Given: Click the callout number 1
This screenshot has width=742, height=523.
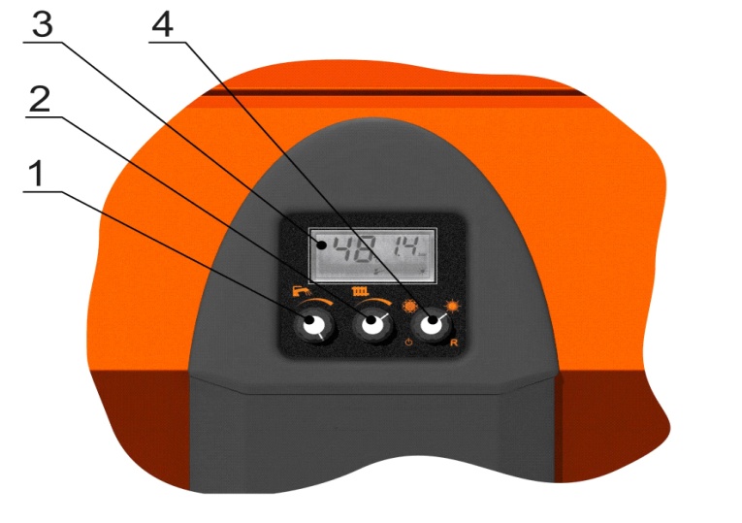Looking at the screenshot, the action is (37, 174).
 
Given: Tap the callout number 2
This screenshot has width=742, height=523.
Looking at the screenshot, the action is (40, 99).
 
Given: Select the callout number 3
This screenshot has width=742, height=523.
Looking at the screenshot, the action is (42, 24).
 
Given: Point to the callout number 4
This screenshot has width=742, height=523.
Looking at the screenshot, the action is (162, 24).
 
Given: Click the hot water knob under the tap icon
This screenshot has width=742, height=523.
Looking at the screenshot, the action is (313, 325).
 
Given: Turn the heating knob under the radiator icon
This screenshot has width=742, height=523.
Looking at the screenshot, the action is (373, 324).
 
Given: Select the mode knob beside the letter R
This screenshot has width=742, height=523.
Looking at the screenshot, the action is (432, 323).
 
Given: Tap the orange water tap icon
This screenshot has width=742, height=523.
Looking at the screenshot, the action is (302, 291).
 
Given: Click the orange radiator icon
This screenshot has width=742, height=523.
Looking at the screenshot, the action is (360, 290).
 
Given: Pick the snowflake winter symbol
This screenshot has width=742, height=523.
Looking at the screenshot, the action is (410, 307).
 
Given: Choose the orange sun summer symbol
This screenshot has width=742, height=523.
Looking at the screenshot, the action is (452, 307).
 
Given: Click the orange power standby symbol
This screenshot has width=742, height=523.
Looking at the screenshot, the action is (409, 342).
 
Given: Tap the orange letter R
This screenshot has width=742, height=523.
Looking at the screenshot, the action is (454, 343).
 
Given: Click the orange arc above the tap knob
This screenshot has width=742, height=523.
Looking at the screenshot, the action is (315, 302).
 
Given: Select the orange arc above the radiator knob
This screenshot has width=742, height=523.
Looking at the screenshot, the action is (374, 301).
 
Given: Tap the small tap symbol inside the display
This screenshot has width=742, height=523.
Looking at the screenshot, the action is (377, 271).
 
